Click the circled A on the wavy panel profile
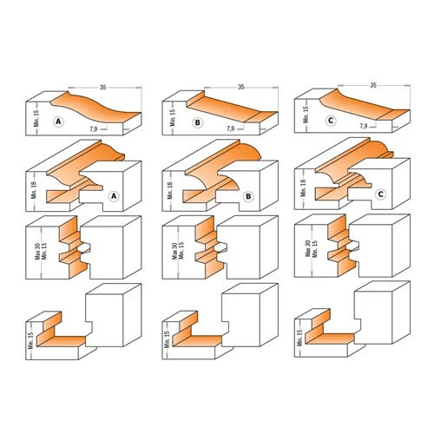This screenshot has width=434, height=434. point(58,122)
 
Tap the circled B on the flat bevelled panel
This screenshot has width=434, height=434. point(197,122)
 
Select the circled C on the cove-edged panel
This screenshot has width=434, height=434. point(331,121)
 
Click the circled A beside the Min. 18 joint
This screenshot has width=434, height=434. point(114,196)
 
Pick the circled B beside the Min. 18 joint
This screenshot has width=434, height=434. point(248,196)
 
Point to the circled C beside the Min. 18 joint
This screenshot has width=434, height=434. point(380,194)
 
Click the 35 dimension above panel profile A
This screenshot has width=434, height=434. point(102,87)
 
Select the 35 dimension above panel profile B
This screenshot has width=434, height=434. point(241,87)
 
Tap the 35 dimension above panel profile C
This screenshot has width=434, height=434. point(373,85)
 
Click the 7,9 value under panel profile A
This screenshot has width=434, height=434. point(94,129)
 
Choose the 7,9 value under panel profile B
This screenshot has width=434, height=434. point(231,128)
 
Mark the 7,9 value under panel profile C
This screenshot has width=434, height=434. point(364,126)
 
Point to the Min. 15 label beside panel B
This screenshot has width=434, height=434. point(173,117)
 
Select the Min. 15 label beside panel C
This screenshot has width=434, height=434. point(306,115)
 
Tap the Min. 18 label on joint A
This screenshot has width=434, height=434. point(34,190)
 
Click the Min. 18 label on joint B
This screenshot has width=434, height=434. point(170,190)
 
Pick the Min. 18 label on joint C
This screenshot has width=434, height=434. point(303,188)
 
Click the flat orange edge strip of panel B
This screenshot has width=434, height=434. point(262,116)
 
